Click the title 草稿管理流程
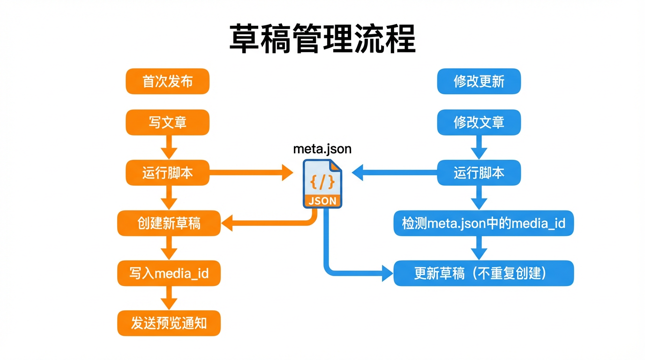[322, 39]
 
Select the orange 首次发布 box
[167, 82]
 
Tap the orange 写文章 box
[167, 122]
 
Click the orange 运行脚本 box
[167, 172]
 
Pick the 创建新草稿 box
[169, 223]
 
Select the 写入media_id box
[169, 273]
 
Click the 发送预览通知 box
[169, 323]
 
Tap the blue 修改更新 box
[479, 82]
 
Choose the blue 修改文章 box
[479, 122]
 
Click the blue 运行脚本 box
[479, 172]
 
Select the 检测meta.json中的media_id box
[483, 223]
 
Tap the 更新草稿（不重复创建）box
[483, 273]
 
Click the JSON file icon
[322, 183]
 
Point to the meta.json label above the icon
[322, 149]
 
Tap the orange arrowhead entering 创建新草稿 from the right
[228, 223]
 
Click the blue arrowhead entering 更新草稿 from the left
[387, 273]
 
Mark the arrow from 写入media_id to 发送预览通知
[169, 298]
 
